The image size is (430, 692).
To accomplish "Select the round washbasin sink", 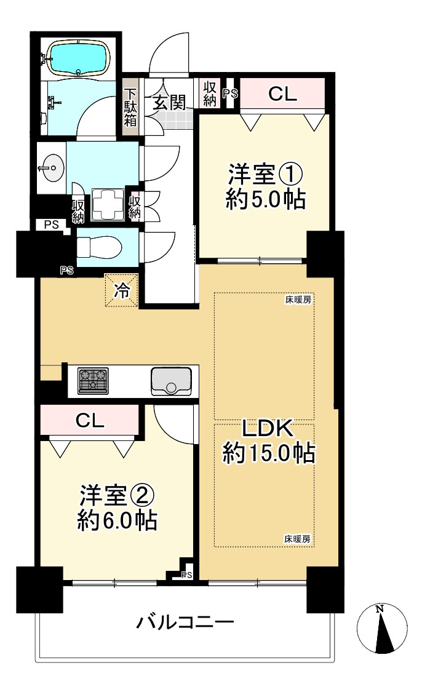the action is pyautogui.click(x=51, y=168).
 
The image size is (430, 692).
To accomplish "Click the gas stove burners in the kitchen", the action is pyautogui.click(x=93, y=381).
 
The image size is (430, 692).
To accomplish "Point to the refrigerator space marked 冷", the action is pyautogui.click(x=122, y=290).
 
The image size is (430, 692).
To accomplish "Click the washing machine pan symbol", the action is pyautogui.click(x=109, y=205).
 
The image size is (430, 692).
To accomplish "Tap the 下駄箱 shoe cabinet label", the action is pyautogui.click(x=130, y=108).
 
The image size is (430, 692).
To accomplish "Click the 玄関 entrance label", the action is pyautogui.click(x=169, y=102).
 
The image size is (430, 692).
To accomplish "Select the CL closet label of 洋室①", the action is pyautogui.click(x=282, y=93).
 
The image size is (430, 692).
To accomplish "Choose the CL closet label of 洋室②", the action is pyautogui.click(x=90, y=420).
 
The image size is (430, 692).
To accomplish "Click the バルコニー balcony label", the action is pyautogui.click(x=185, y=623).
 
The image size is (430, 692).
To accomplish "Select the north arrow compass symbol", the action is pyautogui.click(x=382, y=629).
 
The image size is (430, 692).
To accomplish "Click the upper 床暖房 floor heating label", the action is pyautogui.click(x=298, y=300).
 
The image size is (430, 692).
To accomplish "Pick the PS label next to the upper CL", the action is pyautogui.click(x=230, y=93).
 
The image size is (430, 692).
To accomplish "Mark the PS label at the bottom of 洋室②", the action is pyautogui.click(x=187, y=575).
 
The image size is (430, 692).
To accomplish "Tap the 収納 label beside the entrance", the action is pyautogui.click(x=209, y=93).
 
